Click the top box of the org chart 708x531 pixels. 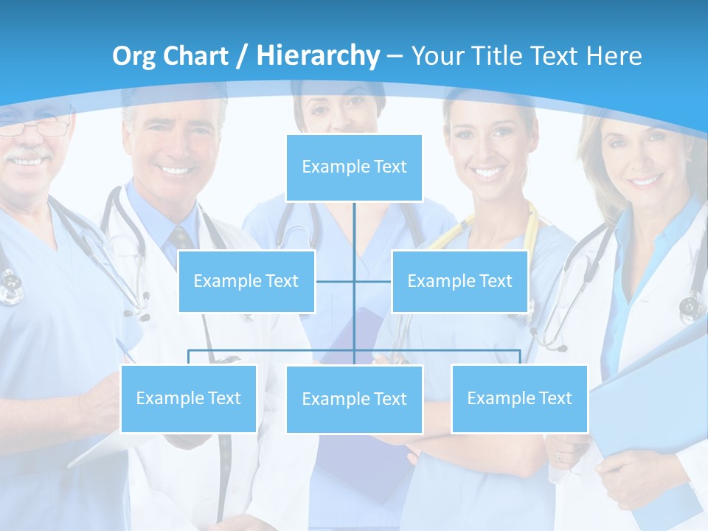tap(354, 167)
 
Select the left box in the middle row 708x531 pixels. tap(246, 281)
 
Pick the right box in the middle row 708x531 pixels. tap(459, 281)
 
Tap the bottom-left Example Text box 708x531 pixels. tap(188, 398)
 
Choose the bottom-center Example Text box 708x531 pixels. tap(354, 399)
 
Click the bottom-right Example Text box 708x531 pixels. tap(519, 398)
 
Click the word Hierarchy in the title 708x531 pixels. tap(318, 55)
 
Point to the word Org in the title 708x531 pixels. tap(134, 56)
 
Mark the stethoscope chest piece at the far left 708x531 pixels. tap(10, 288)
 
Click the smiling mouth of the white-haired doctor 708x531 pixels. tap(175, 170)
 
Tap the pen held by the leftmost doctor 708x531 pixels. tap(126, 350)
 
